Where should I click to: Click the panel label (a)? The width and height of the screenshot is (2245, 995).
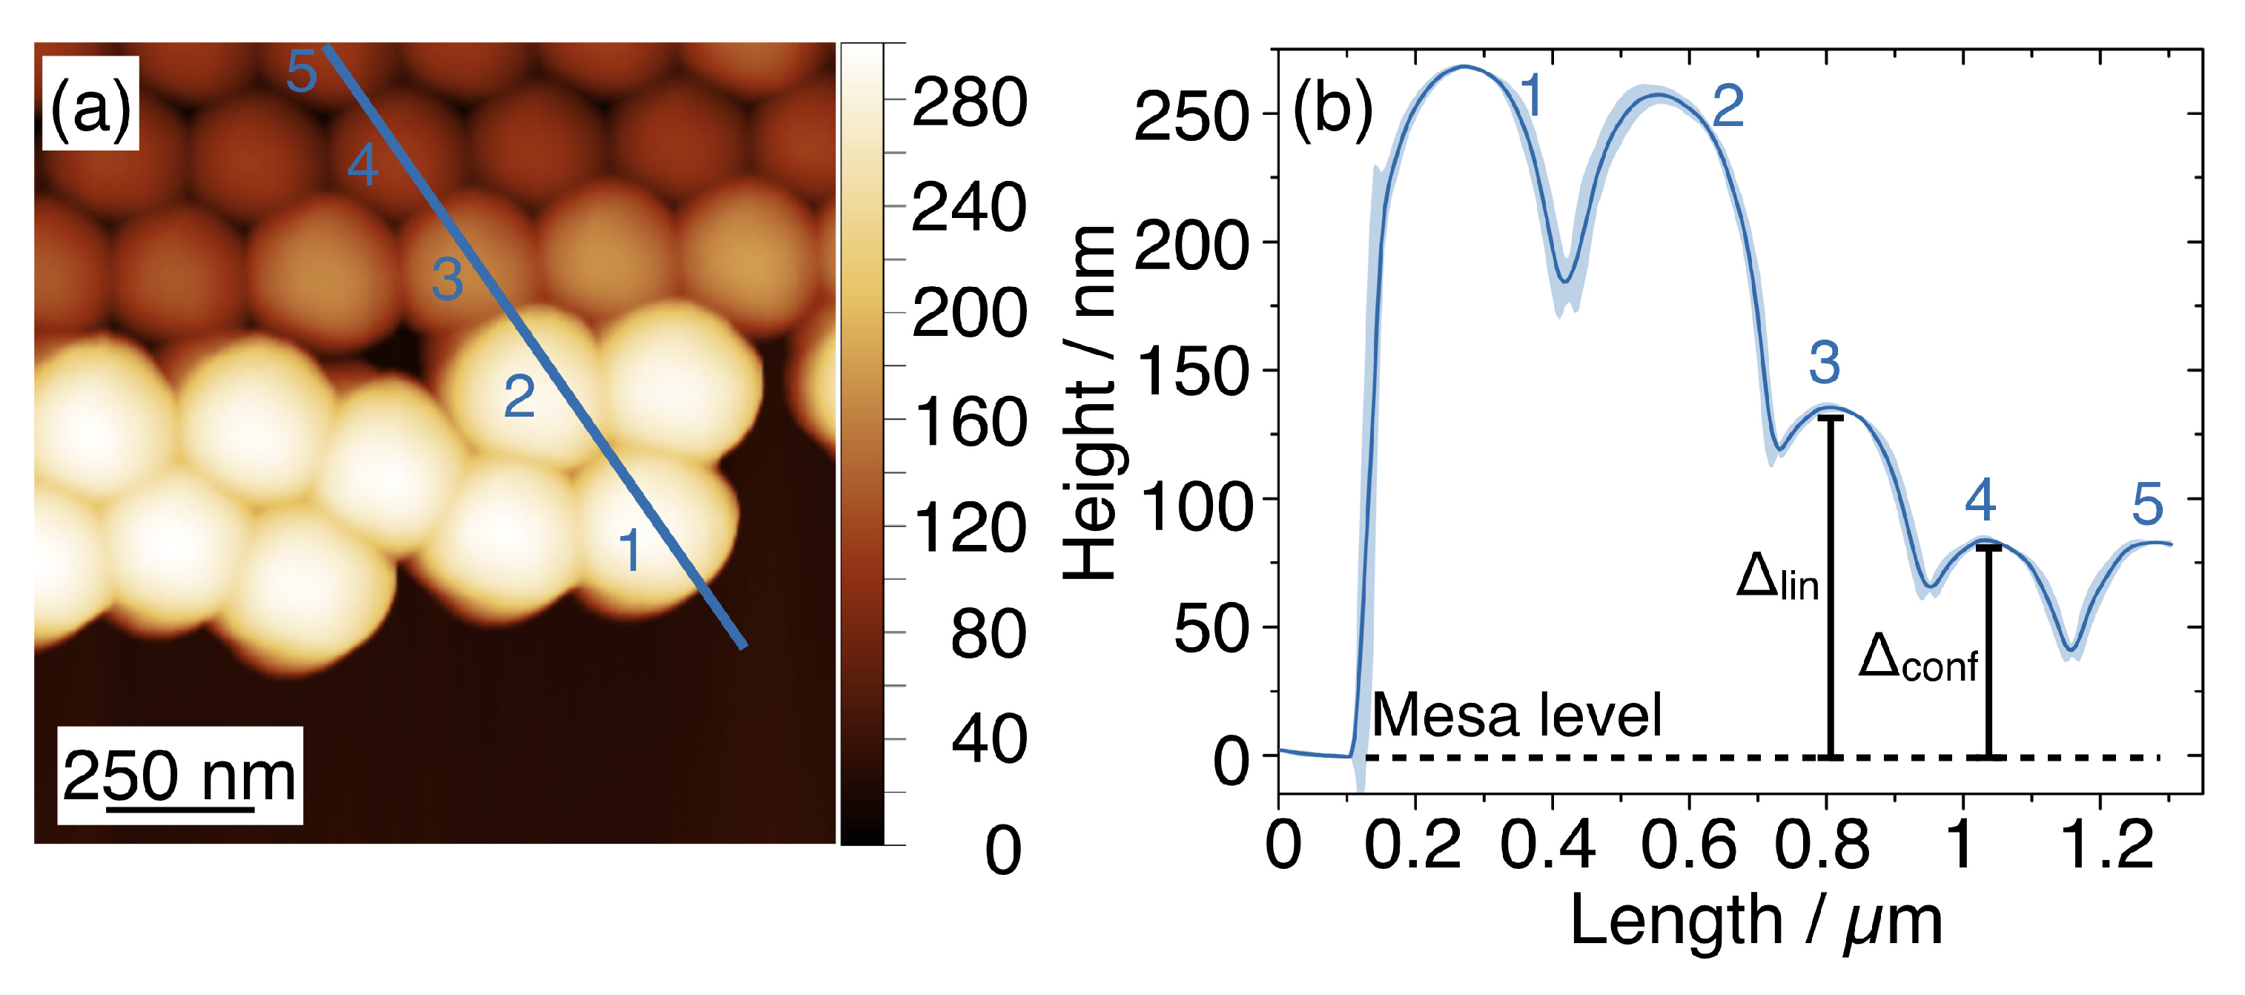coord(90,106)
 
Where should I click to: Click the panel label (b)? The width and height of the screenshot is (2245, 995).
coord(1332,110)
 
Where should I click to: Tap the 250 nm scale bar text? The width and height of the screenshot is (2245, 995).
coord(179,775)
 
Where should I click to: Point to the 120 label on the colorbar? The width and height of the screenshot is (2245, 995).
coord(969,528)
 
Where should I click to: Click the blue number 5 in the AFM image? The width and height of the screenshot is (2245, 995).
coord(302,71)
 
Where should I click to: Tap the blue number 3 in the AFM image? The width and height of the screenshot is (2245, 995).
coord(447,280)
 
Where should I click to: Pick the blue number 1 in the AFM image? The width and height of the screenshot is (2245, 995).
coord(629,551)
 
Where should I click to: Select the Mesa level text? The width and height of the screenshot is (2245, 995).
coord(1516,715)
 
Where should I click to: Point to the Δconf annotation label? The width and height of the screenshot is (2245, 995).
coord(1918,658)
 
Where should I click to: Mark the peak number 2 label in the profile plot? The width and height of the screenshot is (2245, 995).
coord(1727,108)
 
